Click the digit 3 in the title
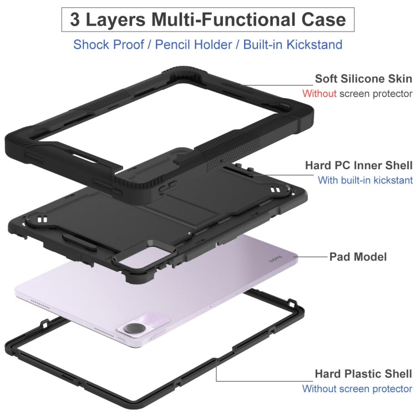(x=75, y=19)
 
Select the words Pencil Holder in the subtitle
(x=194, y=44)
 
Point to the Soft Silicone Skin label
(x=363, y=79)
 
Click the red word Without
(x=319, y=94)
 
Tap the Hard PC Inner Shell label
(x=359, y=165)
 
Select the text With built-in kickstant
(x=366, y=180)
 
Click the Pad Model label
(x=358, y=257)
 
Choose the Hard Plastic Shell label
(x=363, y=374)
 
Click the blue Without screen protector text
(x=357, y=389)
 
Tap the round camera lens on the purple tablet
(x=135, y=328)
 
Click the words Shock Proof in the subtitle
(x=109, y=44)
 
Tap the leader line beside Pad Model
(x=311, y=257)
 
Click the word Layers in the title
(x=115, y=19)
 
